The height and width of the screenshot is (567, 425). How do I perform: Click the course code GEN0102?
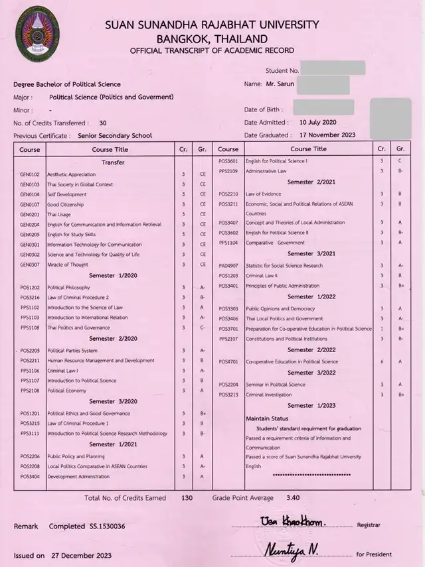31,174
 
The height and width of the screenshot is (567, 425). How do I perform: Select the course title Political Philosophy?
68,287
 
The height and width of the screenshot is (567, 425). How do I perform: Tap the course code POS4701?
228,362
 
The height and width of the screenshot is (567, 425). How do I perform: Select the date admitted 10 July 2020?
318,123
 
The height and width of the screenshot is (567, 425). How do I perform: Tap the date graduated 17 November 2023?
327,135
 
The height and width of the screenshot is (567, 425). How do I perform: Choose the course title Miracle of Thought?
67,265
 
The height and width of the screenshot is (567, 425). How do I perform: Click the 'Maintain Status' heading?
267,419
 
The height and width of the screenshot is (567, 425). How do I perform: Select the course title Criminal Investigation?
268,395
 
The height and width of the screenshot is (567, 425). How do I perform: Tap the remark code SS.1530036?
106,526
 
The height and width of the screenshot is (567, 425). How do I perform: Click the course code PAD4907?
228,266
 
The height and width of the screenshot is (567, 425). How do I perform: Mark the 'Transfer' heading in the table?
113,162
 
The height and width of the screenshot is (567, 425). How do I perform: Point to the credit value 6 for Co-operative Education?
381,362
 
